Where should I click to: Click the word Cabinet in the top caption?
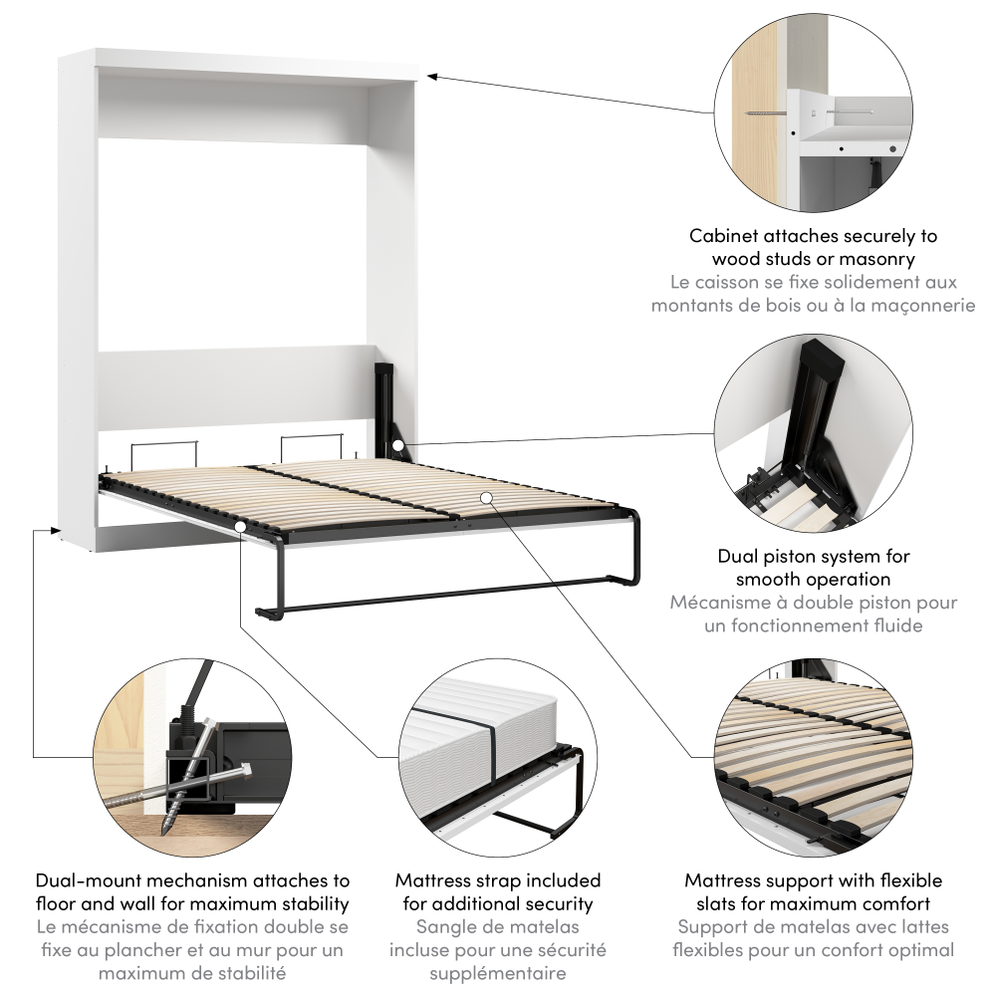[723, 236]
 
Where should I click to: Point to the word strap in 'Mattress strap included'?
[497, 881]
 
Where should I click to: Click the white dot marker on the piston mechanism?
[397, 445]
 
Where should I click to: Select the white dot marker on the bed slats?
[486, 497]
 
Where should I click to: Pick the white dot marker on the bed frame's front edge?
[240, 526]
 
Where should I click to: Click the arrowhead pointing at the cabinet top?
[432, 77]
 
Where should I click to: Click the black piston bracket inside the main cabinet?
[388, 411]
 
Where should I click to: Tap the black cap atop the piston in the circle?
[822, 356]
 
